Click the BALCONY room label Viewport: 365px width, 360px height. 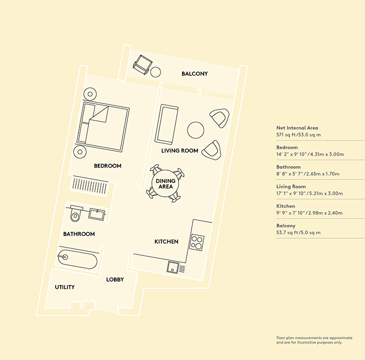(x=195, y=74)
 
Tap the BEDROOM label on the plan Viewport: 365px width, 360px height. (x=108, y=166)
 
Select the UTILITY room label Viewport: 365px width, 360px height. (x=65, y=287)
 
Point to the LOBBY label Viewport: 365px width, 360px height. (x=115, y=280)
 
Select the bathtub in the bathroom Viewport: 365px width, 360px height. (x=77, y=259)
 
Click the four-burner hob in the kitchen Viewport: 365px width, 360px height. (x=197, y=243)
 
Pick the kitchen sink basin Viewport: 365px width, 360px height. (x=173, y=267)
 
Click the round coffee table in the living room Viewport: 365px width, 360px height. (x=196, y=130)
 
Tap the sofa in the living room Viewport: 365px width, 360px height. (x=167, y=124)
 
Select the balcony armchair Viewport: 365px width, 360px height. (x=142, y=65)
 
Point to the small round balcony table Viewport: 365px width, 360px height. (x=155, y=72)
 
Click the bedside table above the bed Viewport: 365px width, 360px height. (x=90, y=94)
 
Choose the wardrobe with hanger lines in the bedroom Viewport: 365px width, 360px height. (x=89, y=186)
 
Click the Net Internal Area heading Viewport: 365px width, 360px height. (x=297, y=128)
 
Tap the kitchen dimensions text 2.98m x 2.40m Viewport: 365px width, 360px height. (x=325, y=213)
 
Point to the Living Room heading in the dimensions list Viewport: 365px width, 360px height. (x=291, y=186)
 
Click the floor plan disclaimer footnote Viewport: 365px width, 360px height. (x=314, y=340)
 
